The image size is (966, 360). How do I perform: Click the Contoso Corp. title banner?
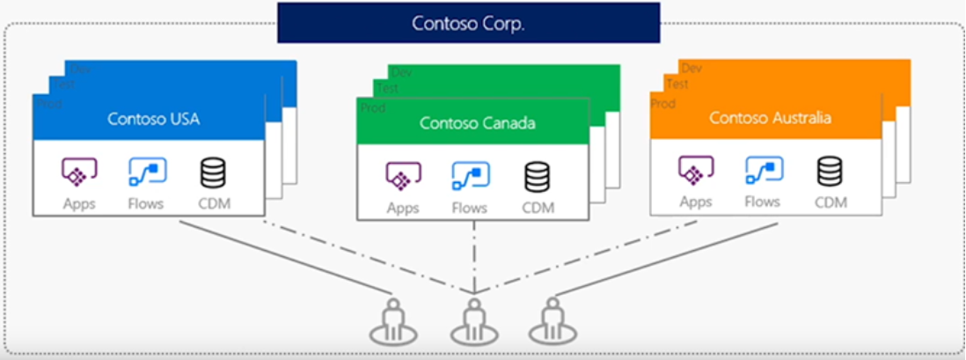[468, 23]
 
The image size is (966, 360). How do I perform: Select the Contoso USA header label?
[153, 118]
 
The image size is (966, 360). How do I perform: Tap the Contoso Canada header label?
[477, 122]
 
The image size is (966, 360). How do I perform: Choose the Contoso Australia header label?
[770, 117]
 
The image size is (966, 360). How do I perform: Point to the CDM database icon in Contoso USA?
[213, 173]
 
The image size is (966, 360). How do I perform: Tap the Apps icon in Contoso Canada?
[403, 177]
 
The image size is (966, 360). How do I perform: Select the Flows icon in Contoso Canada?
[471, 177]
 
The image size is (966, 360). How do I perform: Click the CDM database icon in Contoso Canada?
[538, 177]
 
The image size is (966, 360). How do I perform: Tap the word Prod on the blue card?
[48, 103]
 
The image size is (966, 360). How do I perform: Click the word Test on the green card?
[388, 89]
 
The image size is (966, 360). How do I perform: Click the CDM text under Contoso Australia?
[830, 202]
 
